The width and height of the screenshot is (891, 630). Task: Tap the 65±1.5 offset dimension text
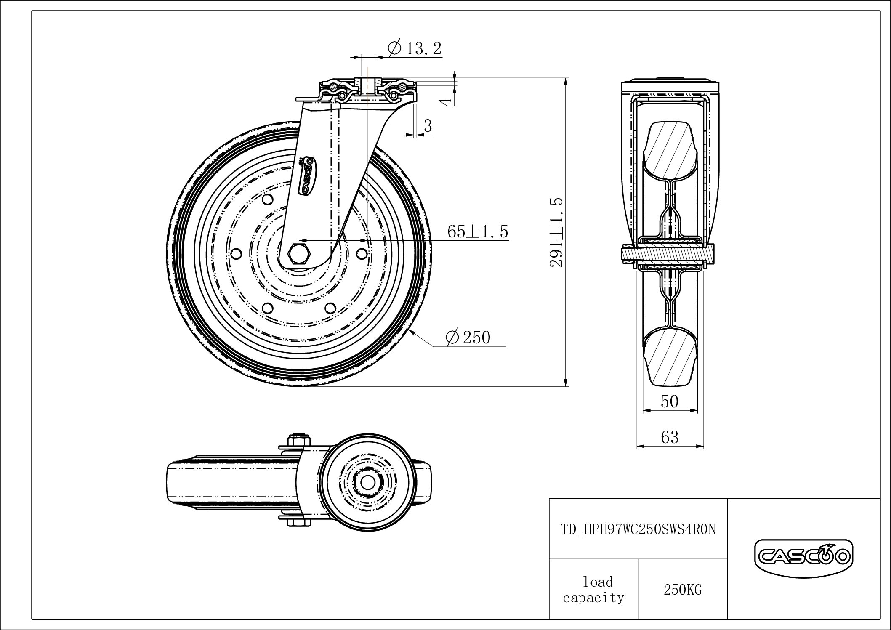(x=478, y=231)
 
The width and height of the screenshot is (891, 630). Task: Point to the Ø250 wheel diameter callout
(x=468, y=338)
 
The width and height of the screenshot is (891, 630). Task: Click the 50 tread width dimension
(x=670, y=401)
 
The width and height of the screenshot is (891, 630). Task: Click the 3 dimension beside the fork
(x=428, y=126)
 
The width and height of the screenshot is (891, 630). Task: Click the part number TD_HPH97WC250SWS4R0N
(x=638, y=529)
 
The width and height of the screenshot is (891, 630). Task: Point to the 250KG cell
(x=683, y=590)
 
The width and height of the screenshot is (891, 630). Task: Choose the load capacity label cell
(x=594, y=590)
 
